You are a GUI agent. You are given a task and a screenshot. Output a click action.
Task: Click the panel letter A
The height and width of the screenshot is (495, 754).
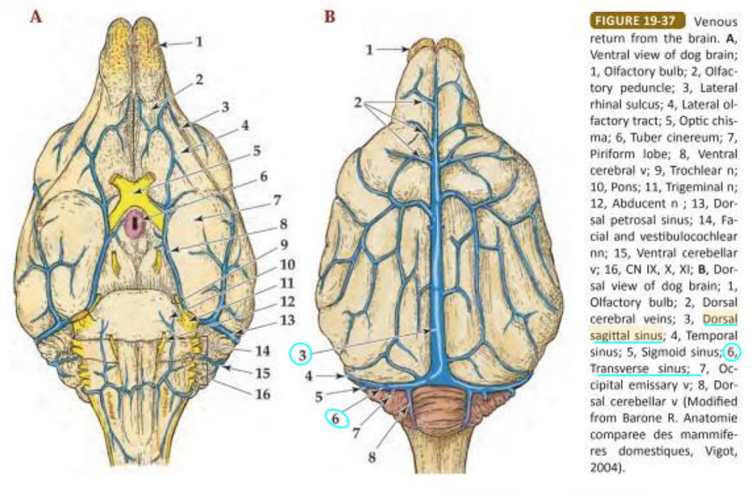(36, 17)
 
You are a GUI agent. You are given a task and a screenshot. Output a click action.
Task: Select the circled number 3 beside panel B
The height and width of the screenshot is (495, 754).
(301, 355)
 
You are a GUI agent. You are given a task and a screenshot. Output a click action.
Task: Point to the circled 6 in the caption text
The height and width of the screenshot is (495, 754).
(731, 352)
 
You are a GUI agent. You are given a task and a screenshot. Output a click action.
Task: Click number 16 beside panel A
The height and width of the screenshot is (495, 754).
(263, 396)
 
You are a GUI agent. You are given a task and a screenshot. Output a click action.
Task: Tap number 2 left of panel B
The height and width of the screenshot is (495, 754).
(358, 104)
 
